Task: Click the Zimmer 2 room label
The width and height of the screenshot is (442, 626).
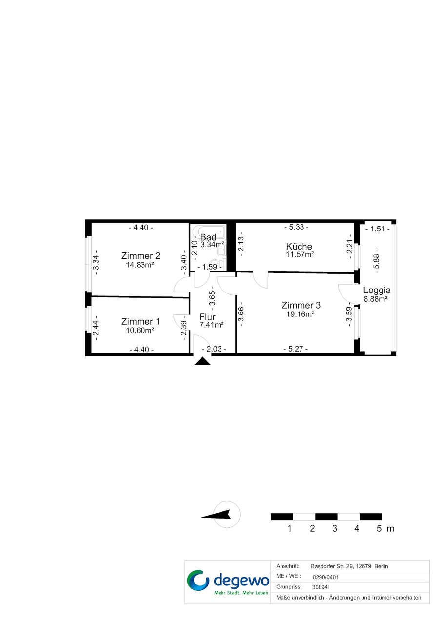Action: coord(141,256)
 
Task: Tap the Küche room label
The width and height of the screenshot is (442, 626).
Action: coord(299,246)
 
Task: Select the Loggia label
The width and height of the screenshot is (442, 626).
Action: coord(377,290)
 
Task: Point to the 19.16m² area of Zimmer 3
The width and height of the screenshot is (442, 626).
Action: coord(300,314)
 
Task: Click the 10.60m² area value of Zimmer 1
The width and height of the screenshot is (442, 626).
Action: coord(140,330)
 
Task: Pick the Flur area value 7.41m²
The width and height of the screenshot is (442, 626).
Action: coord(211,325)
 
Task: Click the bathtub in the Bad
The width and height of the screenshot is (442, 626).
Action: coord(208,231)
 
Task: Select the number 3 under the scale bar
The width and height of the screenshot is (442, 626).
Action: coord(335,528)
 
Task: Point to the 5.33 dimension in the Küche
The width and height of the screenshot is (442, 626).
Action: coord(297,227)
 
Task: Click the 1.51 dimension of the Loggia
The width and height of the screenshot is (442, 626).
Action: coord(378,229)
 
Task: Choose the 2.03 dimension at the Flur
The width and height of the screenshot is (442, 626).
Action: coord(214,349)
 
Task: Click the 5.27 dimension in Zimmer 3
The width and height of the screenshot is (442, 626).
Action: coord(296,349)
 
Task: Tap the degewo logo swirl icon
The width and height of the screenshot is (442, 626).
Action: coord(198,581)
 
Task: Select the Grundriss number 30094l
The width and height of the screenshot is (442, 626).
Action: coord(320,587)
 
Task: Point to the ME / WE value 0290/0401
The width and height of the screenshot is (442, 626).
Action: coord(325,577)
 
